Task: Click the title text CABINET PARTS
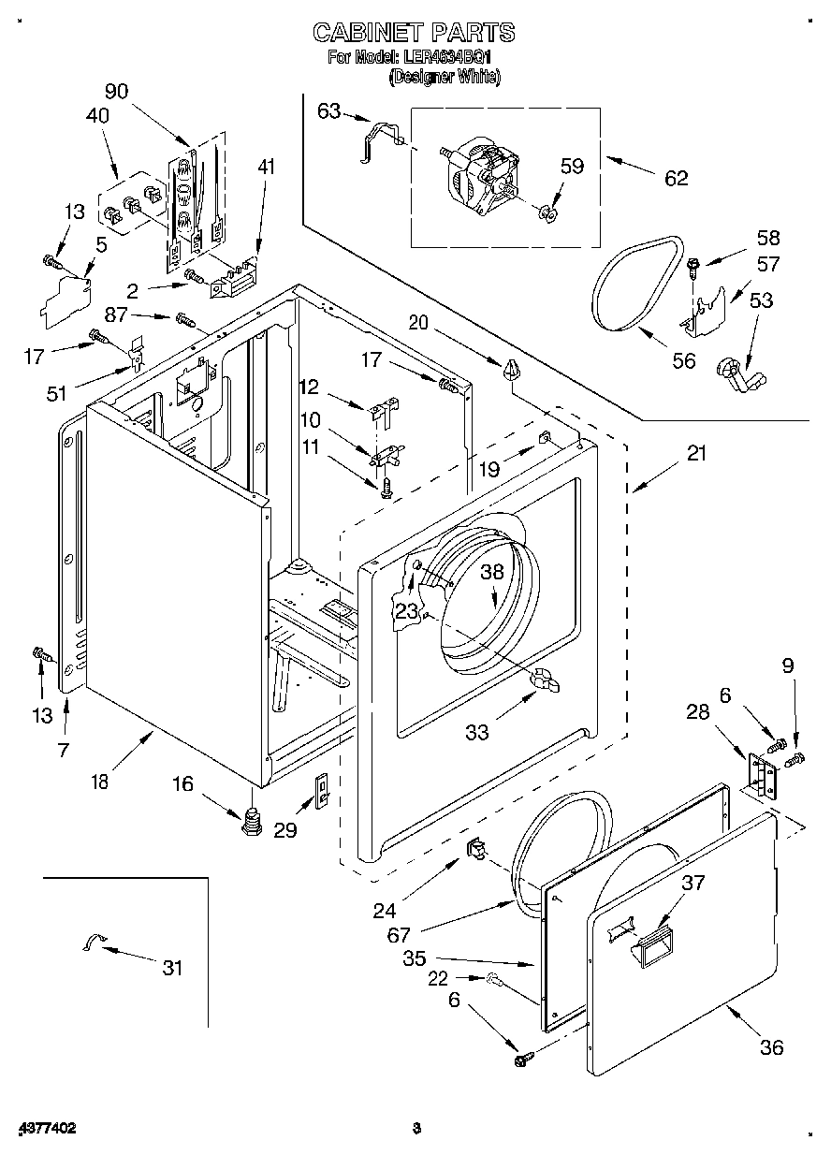coord(413,33)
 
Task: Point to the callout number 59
coord(572,167)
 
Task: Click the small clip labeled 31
coord(95,943)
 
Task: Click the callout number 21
coord(696,454)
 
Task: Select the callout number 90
coord(116,91)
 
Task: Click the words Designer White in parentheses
coord(444,77)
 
